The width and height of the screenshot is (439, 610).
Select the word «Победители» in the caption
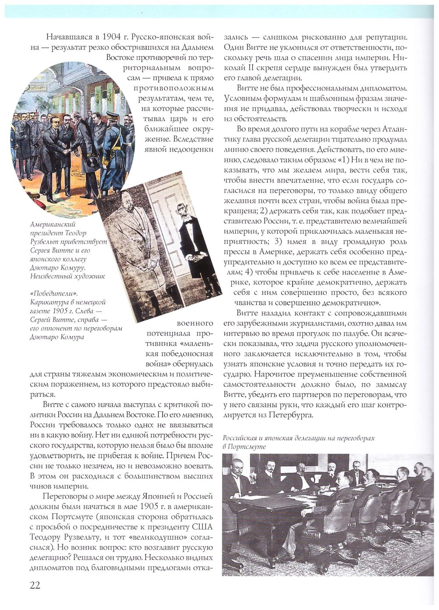47,294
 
